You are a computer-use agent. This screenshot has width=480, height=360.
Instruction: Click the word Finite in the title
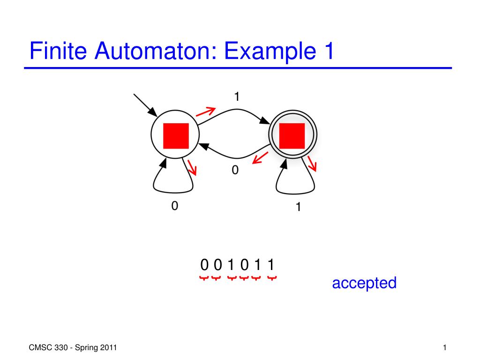(x=58, y=51)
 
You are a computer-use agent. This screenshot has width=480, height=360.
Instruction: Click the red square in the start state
(x=176, y=136)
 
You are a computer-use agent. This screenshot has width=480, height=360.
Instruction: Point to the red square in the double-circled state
(x=292, y=136)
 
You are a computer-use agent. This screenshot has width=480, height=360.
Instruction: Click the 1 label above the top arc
(x=237, y=97)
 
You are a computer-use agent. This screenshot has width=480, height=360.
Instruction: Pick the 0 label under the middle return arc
(x=235, y=170)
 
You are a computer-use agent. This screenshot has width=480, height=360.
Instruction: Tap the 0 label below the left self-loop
(x=174, y=206)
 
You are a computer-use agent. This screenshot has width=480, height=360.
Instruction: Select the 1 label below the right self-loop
(x=299, y=207)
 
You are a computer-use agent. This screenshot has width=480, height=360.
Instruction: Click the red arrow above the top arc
(x=206, y=112)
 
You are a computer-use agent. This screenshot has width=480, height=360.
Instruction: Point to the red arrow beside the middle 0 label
(x=260, y=158)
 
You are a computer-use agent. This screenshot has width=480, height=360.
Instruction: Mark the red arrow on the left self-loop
(x=192, y=167)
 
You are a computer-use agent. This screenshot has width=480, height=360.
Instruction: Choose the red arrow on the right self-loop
(x=312, y=164)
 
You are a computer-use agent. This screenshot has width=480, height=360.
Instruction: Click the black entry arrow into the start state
(x=145, y=105)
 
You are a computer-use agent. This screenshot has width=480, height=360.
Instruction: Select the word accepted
(x=364, y=283)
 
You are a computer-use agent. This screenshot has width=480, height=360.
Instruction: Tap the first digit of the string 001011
(x=204, y=265)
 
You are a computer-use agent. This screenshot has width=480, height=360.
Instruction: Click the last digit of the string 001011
(x=271, y=265)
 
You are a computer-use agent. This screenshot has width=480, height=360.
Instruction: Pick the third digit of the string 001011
(x=231, y=265)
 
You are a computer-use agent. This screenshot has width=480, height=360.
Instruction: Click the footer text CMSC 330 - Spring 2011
(x=73, y=348)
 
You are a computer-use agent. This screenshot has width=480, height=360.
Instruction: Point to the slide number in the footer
(x=444, y=348)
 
